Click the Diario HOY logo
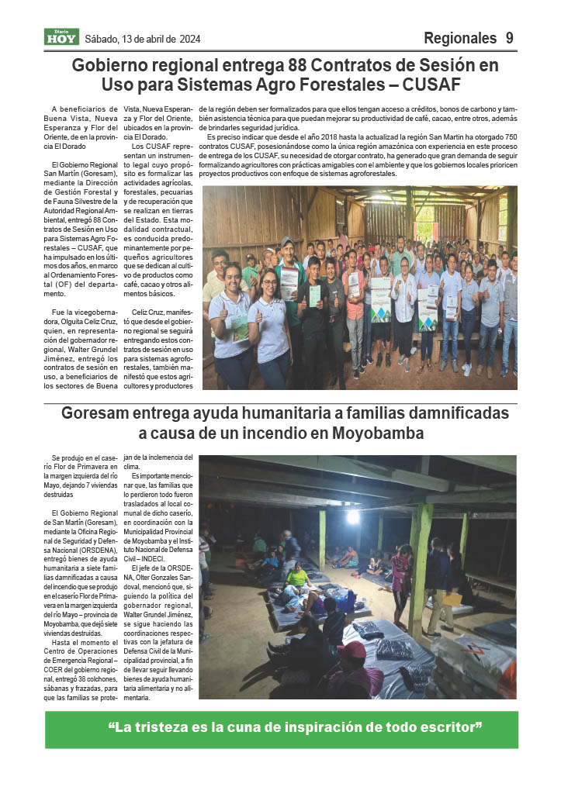(61, 37)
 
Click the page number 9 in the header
(509, 38)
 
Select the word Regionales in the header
(460, 38)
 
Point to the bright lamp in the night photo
(353, 516)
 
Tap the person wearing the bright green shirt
(299, 577)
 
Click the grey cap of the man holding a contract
(288, 242)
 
